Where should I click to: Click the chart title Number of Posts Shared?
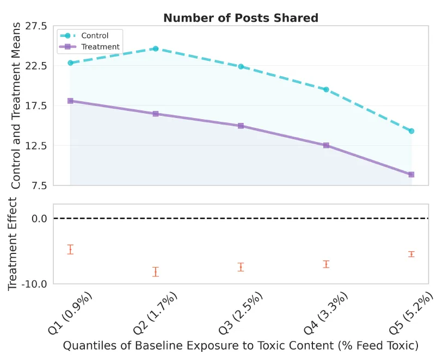point(241,17)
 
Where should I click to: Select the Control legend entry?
point(94,36)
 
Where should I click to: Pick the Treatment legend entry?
point(100,47)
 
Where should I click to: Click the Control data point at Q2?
point(156,48)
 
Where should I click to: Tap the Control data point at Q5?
point(411,131)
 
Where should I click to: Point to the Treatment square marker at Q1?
point(70,101)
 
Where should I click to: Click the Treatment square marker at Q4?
point(326,145)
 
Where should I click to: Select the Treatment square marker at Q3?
point(241,126)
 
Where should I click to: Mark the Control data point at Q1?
point(70,63)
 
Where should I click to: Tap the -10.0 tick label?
point(34,284)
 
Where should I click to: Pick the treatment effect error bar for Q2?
point(156,272)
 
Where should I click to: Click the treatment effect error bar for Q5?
point(411,254)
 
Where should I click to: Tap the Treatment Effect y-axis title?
point(13,244)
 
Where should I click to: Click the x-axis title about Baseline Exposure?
point(241,345)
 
